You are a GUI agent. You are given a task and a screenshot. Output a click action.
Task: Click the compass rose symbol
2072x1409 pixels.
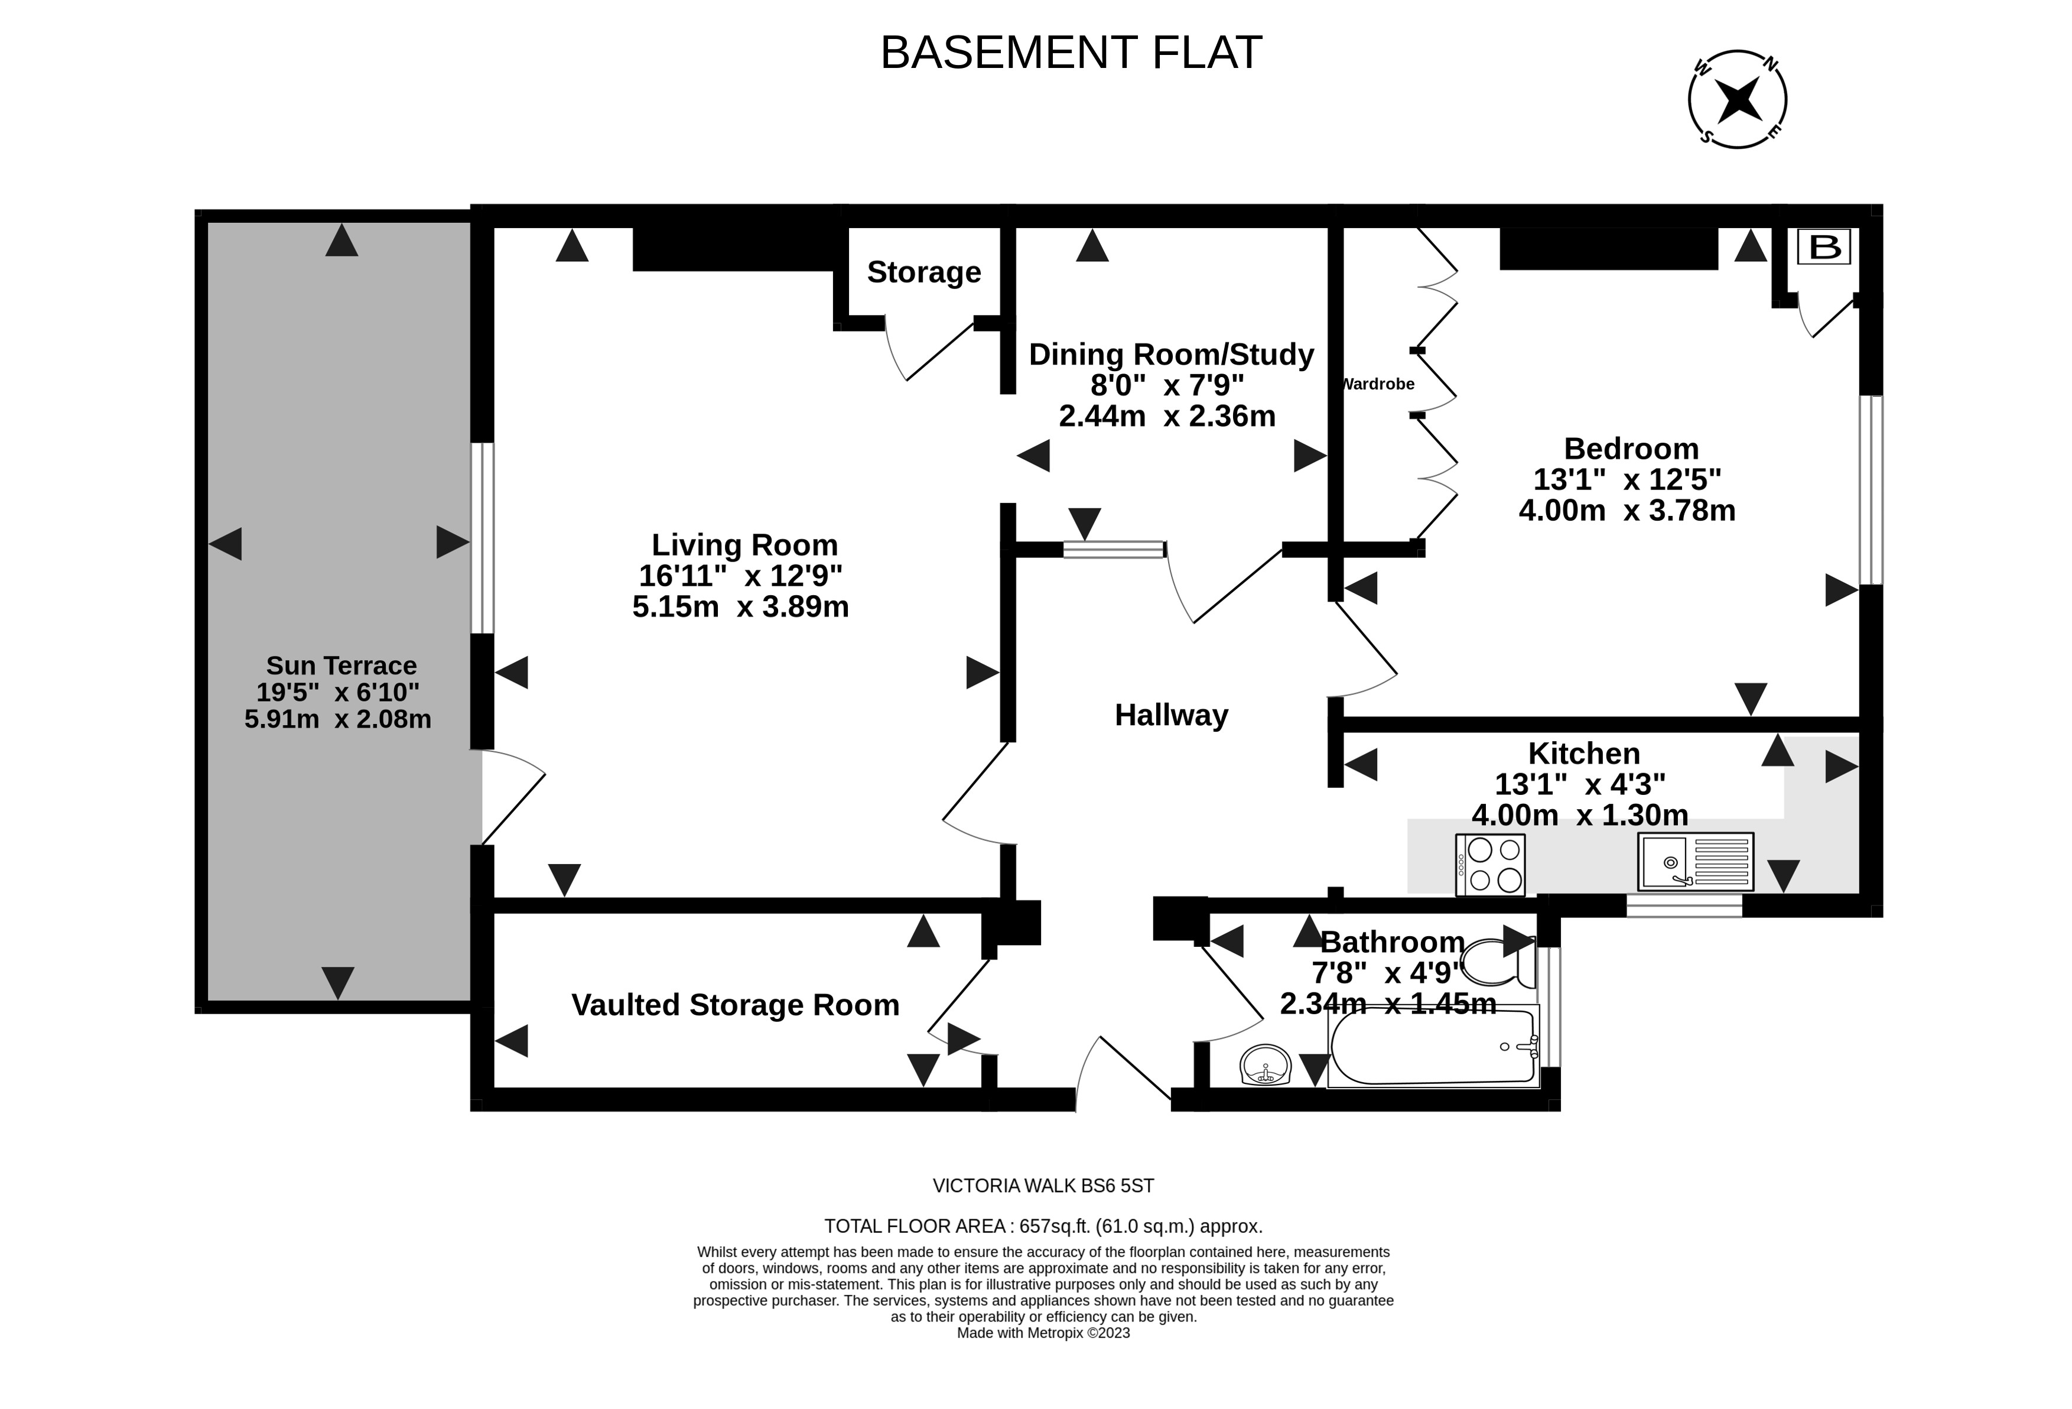1737,99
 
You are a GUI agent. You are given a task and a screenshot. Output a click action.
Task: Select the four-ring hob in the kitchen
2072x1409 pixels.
1490,864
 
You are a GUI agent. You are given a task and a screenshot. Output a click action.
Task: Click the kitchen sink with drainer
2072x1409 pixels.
1695,862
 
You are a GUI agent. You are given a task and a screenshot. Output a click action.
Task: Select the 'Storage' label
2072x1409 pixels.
923,272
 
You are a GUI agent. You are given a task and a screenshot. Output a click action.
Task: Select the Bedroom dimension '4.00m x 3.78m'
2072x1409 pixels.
1627,510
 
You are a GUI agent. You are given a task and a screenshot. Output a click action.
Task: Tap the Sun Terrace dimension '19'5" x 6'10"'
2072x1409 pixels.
338,692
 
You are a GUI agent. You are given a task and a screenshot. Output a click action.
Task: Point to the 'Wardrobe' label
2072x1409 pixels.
1378,384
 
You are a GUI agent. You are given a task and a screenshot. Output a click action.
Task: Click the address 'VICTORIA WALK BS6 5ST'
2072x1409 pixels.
1043,1186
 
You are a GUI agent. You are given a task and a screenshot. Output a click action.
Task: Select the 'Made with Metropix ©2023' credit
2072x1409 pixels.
1043,1333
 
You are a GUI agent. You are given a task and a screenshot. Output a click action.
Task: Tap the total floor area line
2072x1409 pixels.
1043,1226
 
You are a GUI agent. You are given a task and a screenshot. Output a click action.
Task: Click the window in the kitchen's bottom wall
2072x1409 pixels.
1684,906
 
